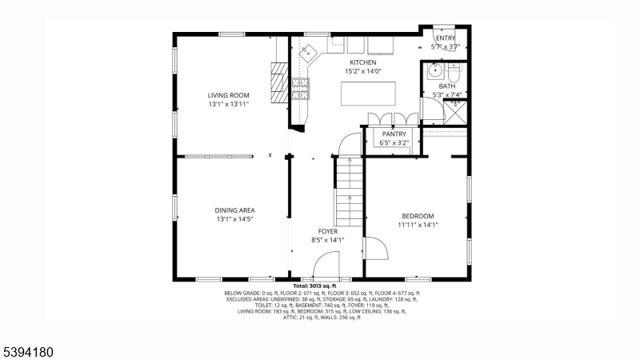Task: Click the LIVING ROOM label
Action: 229,95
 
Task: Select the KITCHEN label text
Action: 362,62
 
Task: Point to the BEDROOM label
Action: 418,216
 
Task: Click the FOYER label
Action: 328,231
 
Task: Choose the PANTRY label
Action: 394,134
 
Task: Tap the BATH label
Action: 446,86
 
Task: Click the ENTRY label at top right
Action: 446,38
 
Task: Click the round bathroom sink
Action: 433,70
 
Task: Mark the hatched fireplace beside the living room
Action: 278,83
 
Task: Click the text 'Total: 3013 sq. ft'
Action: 314,286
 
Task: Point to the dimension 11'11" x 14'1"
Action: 418,225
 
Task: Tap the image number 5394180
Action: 28,350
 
